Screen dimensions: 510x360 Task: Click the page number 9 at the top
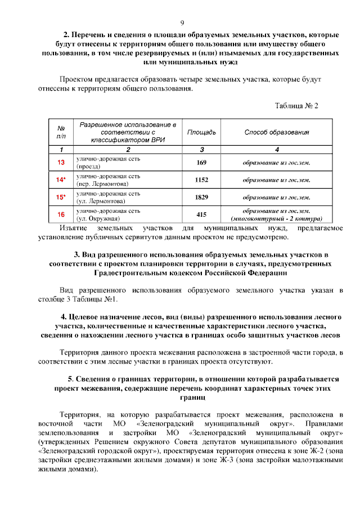182,23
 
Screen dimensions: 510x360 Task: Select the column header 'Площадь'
201,132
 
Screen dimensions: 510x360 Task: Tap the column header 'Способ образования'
276,132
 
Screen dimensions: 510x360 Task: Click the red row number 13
61,163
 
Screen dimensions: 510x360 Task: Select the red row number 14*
61,180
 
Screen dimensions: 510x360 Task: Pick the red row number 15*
61,197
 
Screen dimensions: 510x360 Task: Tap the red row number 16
61,214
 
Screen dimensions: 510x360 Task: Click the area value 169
201,163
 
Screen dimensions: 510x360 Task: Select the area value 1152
201,180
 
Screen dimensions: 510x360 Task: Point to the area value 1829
201,197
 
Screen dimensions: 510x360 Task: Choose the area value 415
201,214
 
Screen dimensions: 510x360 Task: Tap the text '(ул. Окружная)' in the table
97,218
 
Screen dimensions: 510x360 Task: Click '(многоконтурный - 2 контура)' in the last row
276,218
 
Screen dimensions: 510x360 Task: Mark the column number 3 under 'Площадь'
201,149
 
